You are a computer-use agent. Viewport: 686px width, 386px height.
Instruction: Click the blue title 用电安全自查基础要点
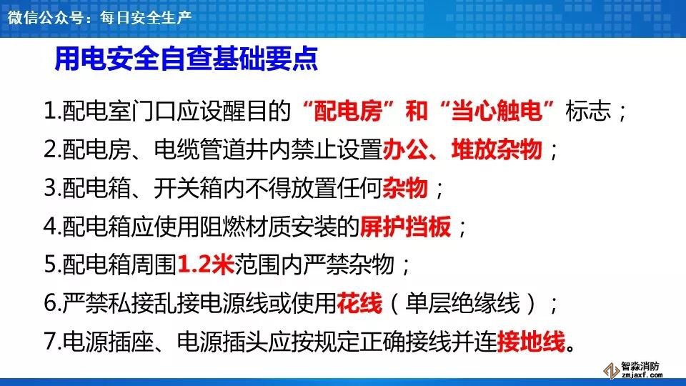tap(186, 59)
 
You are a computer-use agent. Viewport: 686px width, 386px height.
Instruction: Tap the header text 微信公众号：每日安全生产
tap(100, 17)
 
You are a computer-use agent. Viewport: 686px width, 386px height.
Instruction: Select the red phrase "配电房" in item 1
tap(348, 111)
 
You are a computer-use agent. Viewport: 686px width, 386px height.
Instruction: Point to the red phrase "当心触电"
tap(497, 111)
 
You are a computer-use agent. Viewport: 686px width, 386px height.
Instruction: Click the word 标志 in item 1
tap(588, 111)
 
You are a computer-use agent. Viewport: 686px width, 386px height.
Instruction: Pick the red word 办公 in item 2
tap(405, 149)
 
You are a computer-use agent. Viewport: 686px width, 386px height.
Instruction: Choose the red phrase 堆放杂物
tap(497, 149)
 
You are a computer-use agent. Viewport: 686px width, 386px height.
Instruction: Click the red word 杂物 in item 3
tap(405, 188)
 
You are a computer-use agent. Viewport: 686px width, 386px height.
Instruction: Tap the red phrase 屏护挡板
tap(405, 227)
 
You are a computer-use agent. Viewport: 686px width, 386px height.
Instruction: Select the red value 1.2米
tap(206, 264)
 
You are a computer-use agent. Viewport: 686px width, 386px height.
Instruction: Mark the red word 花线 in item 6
tap(359, 303)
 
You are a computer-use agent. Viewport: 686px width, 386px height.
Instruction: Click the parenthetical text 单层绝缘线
tap(462, 303)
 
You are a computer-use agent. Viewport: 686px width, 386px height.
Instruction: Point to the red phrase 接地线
tap(531, 342)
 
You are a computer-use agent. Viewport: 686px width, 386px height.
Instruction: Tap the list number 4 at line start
tap(50, 227)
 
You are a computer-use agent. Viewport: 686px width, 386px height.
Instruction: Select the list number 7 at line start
tap(50, 342)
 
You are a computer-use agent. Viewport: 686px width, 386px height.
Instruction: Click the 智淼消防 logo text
tap(640, 366)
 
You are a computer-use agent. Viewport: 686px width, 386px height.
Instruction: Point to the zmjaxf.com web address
tap(642, 375)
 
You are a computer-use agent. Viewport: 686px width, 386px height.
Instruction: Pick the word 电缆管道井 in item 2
tap(212, 149)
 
